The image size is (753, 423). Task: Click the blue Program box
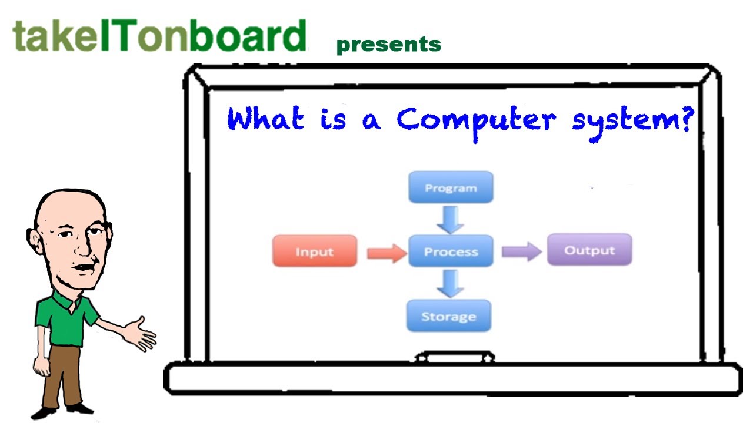click(451, 187)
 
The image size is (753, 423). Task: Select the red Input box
click(315, 251)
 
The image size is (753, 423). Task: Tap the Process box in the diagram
click(451, 251)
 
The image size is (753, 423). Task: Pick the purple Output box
click(589, 250)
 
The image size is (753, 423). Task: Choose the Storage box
click(448, 316)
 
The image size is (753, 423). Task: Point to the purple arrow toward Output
click(521, 251)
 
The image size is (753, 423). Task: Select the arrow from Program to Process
click(451, 219)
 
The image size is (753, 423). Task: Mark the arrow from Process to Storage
click(450, 283)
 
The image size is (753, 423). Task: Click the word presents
click(389, 45)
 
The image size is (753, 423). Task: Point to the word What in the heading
click(265, 119)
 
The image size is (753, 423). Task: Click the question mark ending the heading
click(684, 119)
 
